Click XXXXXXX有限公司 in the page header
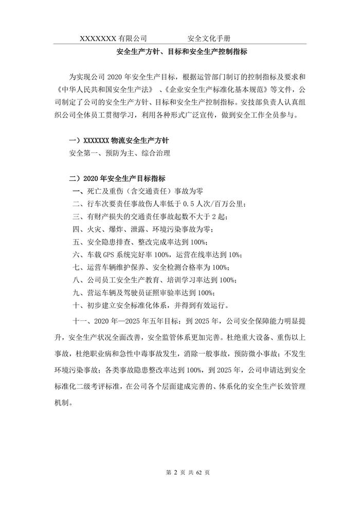click(113, 39)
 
